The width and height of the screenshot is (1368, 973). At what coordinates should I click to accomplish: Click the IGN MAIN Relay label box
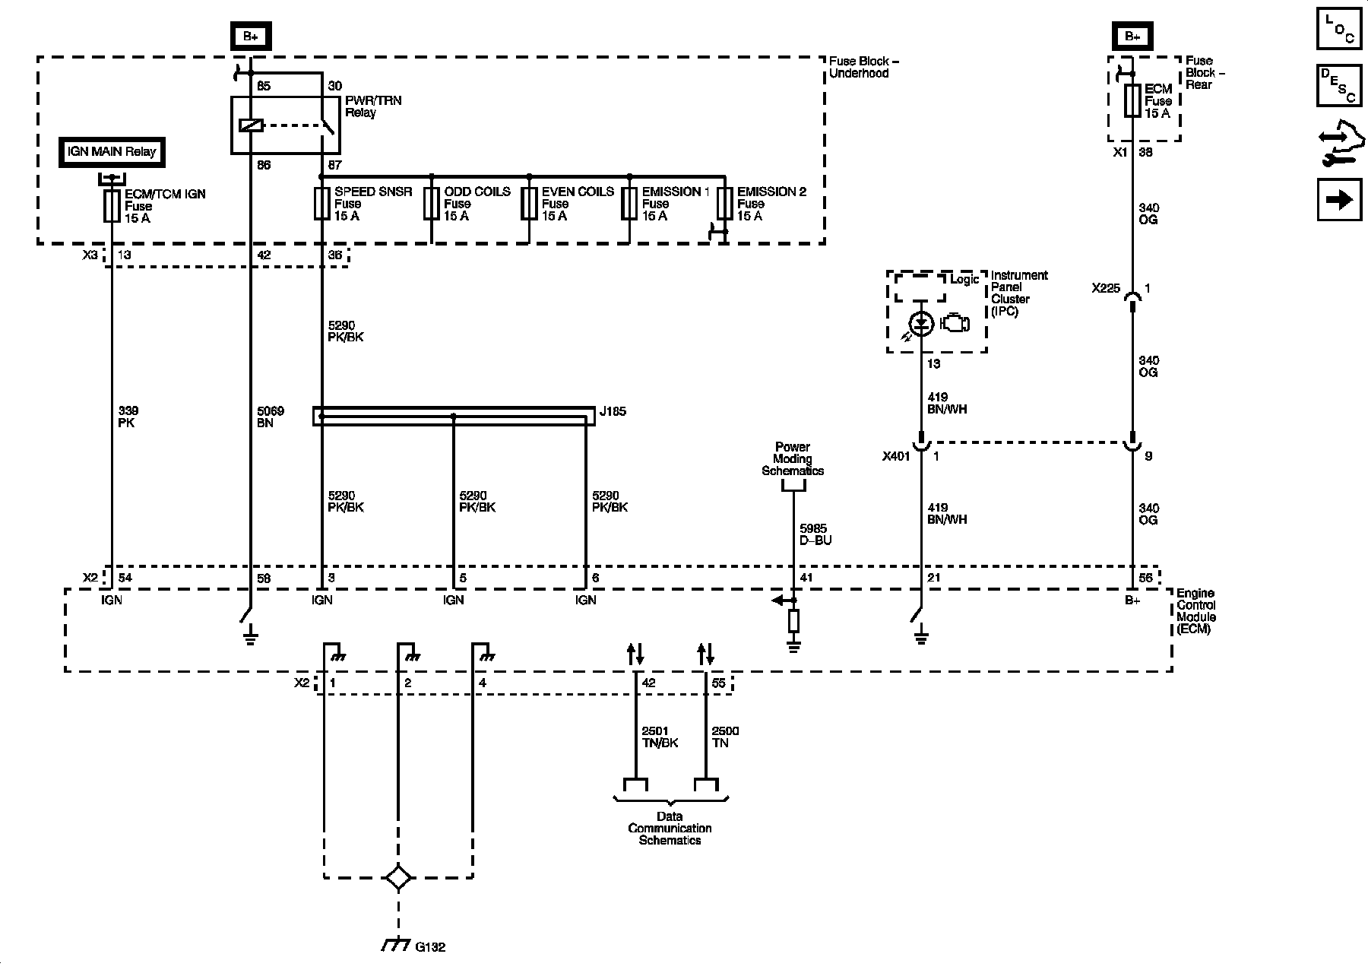click(112, 151)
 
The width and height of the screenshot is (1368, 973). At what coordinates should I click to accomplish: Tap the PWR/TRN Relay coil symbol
click(250, 125)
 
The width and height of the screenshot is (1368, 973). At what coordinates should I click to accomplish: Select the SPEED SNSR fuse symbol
click(321, 204)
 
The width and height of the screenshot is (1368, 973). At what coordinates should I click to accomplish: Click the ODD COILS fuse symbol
click(431, 204)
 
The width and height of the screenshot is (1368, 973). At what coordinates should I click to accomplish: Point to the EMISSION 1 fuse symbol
click(629, 204)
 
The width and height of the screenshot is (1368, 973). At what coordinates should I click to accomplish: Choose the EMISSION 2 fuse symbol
click(724, 204)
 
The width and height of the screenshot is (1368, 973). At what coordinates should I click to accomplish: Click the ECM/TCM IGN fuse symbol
click(112, 205)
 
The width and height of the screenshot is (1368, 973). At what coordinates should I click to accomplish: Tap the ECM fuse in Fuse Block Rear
click(1132, 100)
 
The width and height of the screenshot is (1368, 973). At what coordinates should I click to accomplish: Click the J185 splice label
click(613, 412)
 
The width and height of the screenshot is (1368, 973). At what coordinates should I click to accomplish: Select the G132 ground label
click(430, 947)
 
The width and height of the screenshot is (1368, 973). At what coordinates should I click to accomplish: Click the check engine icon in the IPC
click(955, 323)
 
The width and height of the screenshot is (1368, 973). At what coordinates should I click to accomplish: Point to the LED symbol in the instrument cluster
click(921, 324)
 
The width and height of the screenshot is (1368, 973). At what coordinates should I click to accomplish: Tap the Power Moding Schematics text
click(793, 458)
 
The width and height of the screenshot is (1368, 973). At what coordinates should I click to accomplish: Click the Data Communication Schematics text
click(670, 828)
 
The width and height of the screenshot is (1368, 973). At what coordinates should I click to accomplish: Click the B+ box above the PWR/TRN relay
click(251, 36)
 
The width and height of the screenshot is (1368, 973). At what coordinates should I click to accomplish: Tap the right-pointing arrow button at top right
click(1339, 199)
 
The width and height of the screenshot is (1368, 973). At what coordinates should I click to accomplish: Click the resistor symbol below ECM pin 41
click(793, 621)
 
